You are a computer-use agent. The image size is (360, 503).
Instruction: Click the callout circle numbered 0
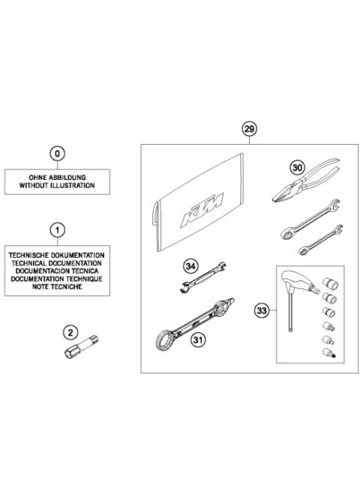(58, 154)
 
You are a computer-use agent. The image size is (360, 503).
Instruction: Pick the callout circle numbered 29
(249, 130)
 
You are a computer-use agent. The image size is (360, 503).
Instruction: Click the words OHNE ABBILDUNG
(58, 178)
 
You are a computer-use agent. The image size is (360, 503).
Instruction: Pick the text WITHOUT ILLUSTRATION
(58, 185)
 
